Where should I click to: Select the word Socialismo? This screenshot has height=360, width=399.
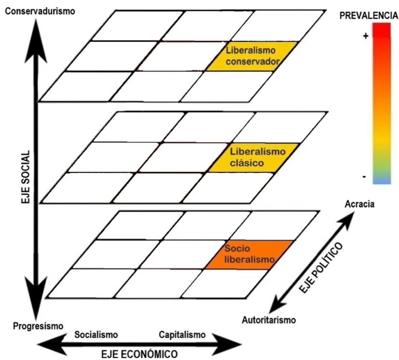click(96, 335)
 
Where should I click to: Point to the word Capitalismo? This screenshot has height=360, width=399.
click(182, 335)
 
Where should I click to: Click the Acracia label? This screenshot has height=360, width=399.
click(360, 204)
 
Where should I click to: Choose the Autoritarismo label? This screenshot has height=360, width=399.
click(269, 319)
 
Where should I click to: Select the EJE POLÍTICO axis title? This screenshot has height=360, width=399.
click(320, 268)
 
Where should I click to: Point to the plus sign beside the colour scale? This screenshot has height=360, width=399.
click(365, 36)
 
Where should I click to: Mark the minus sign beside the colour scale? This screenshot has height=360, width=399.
click(364, 177)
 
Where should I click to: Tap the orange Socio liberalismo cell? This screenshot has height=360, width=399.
click(249, 254)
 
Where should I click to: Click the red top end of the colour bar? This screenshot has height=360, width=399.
click(381, 30)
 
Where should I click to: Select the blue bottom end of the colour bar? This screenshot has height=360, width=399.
click(381, 181)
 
